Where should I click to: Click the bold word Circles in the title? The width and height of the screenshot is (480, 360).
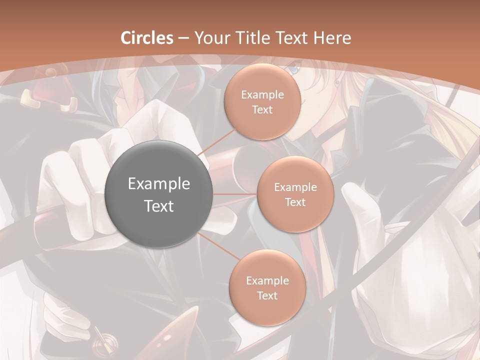point(146,38)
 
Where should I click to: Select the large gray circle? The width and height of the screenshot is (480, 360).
point(158,194)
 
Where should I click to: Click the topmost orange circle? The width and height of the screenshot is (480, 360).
point(262,101)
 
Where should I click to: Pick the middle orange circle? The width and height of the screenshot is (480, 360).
point(295,194)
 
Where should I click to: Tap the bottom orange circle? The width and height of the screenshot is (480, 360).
point(267,287)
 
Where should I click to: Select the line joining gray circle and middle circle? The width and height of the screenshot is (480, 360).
point(234,194)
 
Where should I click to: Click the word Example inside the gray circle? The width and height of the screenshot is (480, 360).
point(158,184)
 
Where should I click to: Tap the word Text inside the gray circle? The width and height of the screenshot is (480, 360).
point(158,205)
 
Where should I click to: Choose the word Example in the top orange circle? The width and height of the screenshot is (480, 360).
point(262,94)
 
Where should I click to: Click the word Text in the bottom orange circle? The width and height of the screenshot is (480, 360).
point(267,295)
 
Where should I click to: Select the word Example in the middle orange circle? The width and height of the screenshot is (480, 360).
point(295,187)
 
